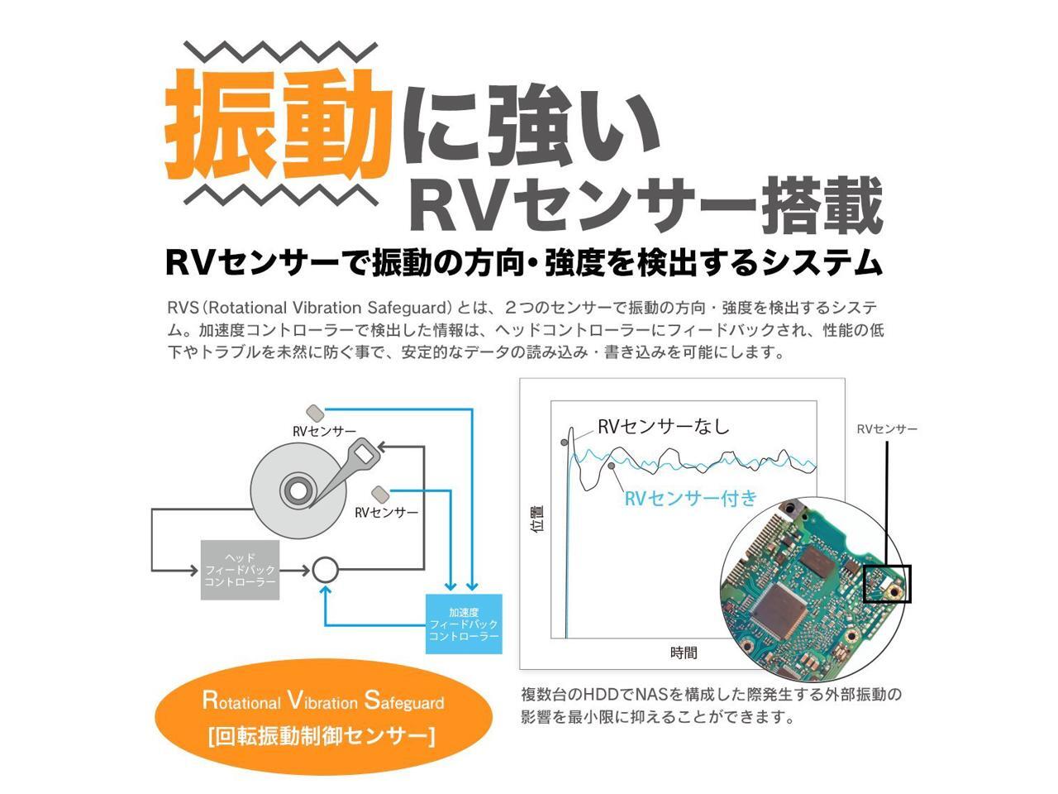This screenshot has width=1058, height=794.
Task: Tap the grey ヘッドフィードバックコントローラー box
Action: tap(240, 570)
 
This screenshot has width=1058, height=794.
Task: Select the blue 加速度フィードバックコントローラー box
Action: tap(464, 624)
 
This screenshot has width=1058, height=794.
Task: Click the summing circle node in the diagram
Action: tap(325, 569)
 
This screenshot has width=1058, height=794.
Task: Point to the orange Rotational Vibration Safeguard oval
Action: tap(323, 716)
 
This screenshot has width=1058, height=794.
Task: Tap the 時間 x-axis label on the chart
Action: tap(684, 653)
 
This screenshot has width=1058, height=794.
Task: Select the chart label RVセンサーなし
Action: tap(664, 427)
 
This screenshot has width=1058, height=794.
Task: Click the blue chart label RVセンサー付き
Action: tap(690, 498)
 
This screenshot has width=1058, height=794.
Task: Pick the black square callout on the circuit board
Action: tap(887, 584)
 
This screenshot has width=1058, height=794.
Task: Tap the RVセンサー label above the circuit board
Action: tap(887, 428)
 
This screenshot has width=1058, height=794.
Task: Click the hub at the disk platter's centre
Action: tap(294, 489)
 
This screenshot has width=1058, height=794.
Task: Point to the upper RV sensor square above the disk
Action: tap(315, 412)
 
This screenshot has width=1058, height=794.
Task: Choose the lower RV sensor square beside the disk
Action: tap(380, 493)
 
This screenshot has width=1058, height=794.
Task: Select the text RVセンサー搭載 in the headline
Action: tap(646, 204)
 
